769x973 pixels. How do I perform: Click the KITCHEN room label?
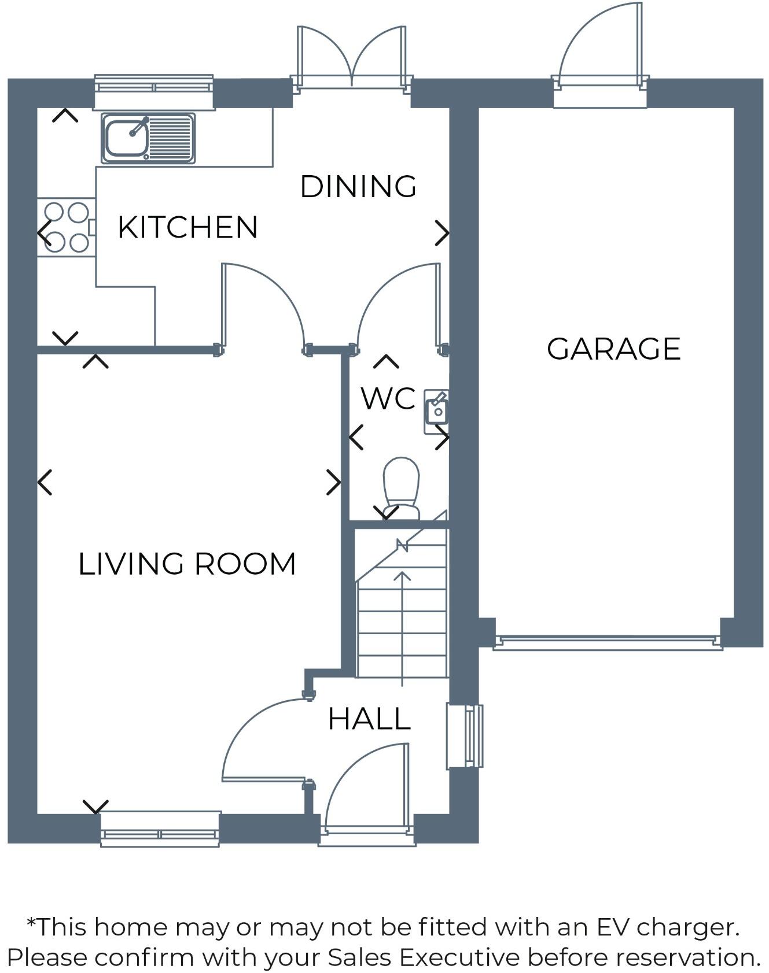tap(187, 227)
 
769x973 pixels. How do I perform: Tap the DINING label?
tap(358, 187)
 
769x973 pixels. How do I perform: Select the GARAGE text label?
tap(613, 349)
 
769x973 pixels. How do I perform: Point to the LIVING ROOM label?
tap(187, 564)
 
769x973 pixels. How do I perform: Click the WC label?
tap(388, 399)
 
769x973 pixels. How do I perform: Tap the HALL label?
tap(369, 719)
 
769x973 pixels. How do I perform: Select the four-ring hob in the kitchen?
tap(66, 228)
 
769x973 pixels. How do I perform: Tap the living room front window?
tap(160, 830)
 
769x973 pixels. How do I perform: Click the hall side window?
tap(465, 736)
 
